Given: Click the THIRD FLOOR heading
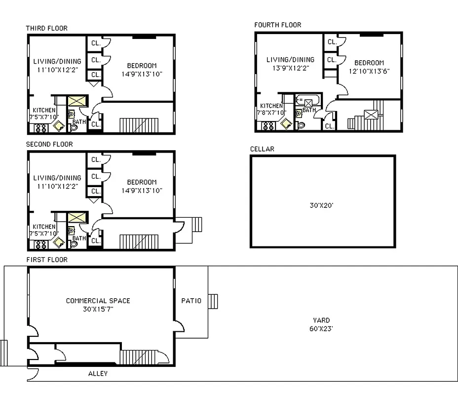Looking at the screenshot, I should (47, 28).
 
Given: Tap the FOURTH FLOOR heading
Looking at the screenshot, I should (277, 25).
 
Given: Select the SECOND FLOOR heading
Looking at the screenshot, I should (49, 144).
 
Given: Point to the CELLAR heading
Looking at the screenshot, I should (262, 149).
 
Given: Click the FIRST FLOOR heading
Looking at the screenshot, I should (47, 260).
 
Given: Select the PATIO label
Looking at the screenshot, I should (191, 301).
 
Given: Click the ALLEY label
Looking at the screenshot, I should (98, 374).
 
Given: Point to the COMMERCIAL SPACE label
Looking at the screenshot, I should (98, 301).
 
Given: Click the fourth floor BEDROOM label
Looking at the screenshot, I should (369, 63).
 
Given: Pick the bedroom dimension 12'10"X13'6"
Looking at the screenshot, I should (369, 71).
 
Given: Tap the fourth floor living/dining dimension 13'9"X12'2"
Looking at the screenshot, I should (290, 69).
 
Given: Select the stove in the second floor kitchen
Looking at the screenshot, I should (39, 243).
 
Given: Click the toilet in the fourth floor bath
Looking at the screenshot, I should (301, 125).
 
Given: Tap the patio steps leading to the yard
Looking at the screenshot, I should (213, 301).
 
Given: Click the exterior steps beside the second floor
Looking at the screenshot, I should (196, 225).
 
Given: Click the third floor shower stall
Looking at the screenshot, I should (77, 102).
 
